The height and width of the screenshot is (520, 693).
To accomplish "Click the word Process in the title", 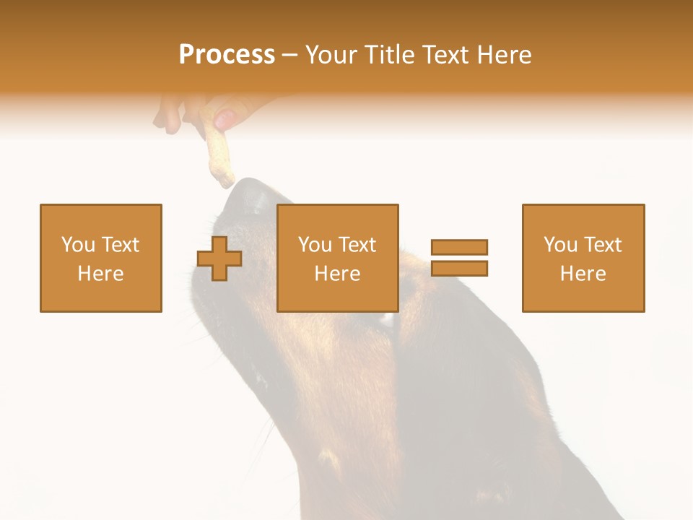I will click(x=227, y=55).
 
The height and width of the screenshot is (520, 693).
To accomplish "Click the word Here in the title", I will click(x=505, y=55).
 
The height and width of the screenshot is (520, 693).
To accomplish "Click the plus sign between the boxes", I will click(x=219, y=259).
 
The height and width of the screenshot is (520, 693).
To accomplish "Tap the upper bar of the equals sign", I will click(x=459, y=247).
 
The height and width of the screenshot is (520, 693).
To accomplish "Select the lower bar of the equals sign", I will click(x=459, y=269).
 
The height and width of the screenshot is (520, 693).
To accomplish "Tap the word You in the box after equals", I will click(x=559, y=245).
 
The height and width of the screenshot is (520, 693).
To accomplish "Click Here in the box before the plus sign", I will click(x=100, y=274).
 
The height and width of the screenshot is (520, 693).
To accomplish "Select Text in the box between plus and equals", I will click(x=358, y=245).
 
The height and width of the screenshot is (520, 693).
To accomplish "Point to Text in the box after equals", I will click(x=603, y=245).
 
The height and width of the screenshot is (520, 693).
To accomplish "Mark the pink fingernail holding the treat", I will click(x=225, y=119).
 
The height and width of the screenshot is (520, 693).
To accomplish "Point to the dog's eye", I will click(x=388, y=318).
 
